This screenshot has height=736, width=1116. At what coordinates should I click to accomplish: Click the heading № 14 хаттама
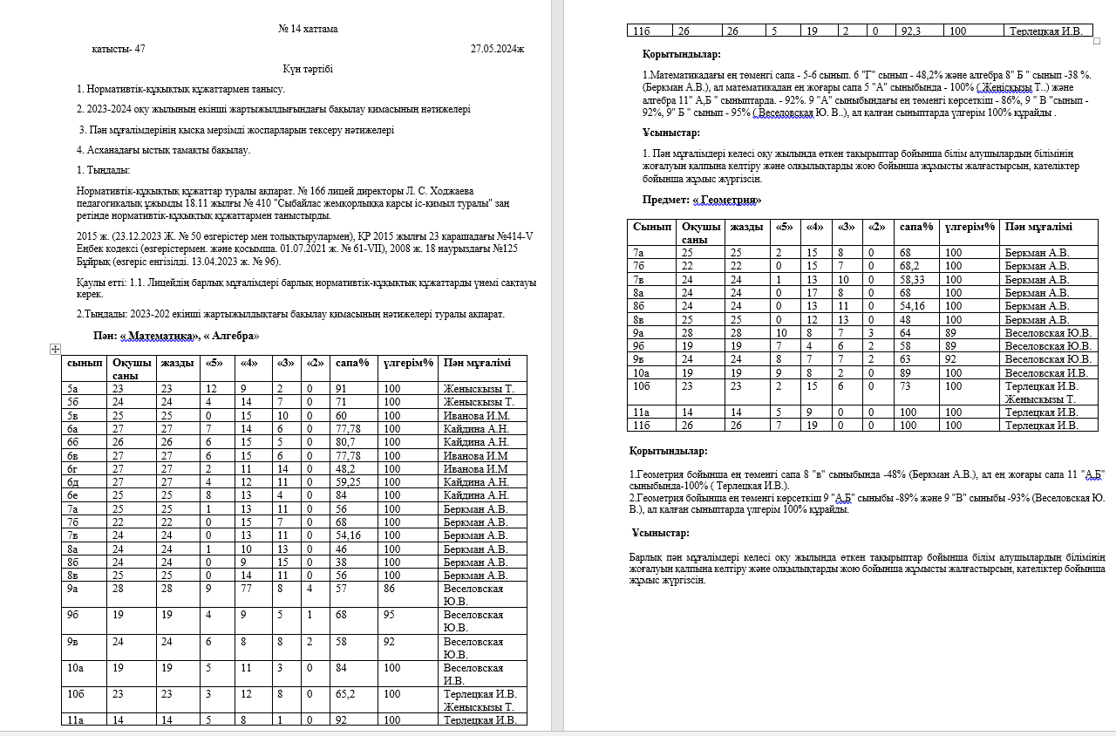308,29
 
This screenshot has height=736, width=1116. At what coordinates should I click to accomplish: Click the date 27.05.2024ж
497,49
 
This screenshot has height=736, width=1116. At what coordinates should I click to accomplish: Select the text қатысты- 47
119,49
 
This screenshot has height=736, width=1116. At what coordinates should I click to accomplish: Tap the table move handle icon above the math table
55,349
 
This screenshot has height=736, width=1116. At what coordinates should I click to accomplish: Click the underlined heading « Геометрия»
726,200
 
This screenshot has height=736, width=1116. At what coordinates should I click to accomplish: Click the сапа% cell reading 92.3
911,31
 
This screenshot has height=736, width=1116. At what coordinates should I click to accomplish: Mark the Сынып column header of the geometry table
651,227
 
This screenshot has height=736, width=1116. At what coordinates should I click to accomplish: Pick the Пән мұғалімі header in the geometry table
1038,227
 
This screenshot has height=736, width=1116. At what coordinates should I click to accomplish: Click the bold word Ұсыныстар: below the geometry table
660,533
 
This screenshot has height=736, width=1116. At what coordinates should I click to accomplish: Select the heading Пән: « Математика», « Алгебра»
176,336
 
